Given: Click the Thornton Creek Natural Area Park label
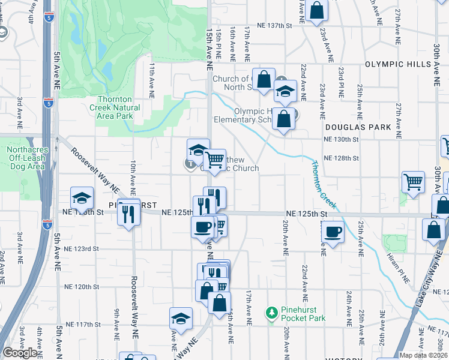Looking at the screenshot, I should click(119, 107).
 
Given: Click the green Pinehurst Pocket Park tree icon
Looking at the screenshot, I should click(272, 313).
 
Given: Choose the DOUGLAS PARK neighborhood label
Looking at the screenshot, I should click(358, 127).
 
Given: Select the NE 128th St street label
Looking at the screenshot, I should click(341, 158).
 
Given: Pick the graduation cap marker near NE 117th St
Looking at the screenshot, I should click(181, 319).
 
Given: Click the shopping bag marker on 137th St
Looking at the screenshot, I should click(316, 10).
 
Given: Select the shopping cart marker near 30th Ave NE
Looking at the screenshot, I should click(413, 182).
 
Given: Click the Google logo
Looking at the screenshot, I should click(20, 353).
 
